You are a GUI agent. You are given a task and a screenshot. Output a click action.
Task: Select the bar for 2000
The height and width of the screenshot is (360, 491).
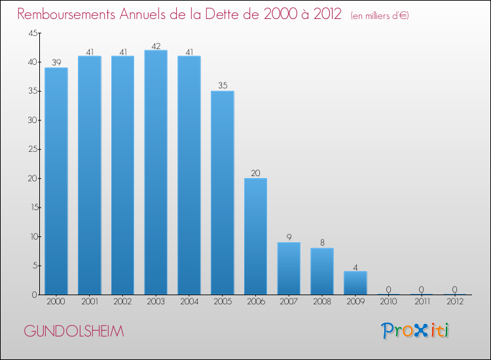(x=56, y=181)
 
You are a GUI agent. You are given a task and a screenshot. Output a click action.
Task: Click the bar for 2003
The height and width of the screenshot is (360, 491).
(x=156, y=172)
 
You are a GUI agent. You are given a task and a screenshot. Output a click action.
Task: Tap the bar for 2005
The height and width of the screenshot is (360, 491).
(x=223, y=192)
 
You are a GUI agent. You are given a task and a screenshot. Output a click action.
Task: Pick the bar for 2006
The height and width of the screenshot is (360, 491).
(x=255, y=236)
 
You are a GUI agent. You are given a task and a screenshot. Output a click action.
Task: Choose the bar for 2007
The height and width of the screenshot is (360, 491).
(x=289, y=268)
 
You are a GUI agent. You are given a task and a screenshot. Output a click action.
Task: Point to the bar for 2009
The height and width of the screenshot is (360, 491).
(x=355, y=283)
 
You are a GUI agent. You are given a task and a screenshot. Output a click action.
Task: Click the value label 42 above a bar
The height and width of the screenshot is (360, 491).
(x=156, y=46)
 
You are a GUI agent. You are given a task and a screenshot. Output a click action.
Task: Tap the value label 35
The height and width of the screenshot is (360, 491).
(x=223, y=86)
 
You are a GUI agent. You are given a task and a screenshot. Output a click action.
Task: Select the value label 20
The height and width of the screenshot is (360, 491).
(x=255, y=173)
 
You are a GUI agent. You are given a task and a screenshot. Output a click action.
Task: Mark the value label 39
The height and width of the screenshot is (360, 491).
(x=56, y=63)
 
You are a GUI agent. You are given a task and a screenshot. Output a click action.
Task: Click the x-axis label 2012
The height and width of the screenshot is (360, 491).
(x=455, y=302)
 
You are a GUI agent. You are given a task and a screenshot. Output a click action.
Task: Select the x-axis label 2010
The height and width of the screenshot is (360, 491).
(x=389, y=302)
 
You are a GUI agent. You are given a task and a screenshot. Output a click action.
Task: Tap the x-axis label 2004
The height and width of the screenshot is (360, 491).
(x=189, y=302)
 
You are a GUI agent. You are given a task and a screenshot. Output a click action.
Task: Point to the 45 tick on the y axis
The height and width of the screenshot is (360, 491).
(x=31, y=33)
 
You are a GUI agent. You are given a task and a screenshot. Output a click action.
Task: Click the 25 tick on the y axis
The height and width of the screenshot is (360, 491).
(x=31, y=149)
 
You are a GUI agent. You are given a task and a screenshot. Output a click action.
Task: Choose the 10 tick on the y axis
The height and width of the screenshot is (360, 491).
(x=31, y=236)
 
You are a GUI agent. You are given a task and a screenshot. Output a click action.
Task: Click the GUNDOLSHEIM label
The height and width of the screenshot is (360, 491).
(x=73, y=331)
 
